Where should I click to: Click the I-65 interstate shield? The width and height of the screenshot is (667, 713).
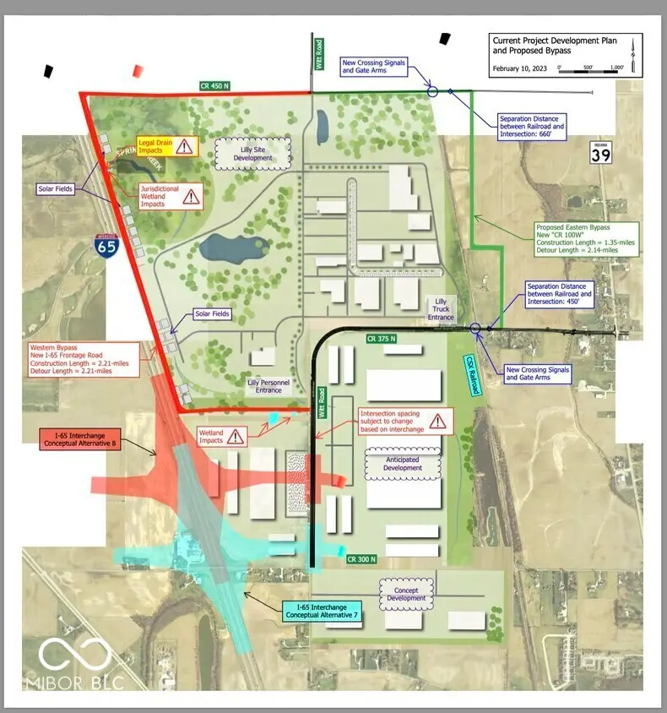[107, 247]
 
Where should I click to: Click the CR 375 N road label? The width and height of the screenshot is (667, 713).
[382, 338]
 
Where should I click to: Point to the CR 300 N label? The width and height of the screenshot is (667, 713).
[362, 558]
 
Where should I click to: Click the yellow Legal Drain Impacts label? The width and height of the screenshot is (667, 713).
[157, 146]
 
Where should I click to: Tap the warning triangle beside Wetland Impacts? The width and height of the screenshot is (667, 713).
[236, 437]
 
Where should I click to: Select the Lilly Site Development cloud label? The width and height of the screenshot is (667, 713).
[253, 152]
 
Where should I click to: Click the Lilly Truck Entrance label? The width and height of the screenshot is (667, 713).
[440, 309]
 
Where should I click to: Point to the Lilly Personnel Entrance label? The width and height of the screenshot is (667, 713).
[268, 385]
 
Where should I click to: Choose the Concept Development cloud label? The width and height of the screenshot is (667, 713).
[406, 593]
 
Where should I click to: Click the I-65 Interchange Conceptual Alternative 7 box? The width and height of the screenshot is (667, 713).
[322, 610]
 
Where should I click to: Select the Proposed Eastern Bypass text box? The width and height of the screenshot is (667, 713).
[587, 239]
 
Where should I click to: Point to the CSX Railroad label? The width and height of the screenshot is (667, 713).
[473, 373]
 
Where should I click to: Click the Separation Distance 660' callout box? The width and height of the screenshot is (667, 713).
[531, 125]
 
